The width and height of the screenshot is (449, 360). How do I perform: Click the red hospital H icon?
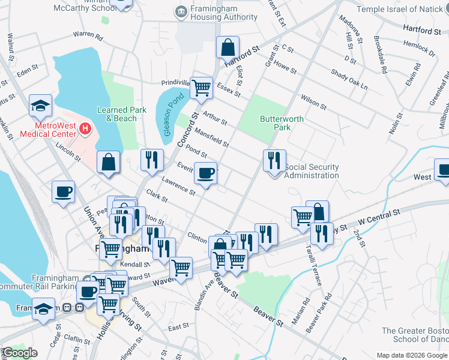[x=85, y=128]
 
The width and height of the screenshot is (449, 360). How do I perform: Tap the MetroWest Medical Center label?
[x=48, y=130]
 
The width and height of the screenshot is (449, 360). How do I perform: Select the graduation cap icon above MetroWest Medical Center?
[x=40, y=106]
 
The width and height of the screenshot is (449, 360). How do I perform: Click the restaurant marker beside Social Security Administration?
[x=274, y=160]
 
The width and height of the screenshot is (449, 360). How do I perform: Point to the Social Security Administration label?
[x=311, y=172]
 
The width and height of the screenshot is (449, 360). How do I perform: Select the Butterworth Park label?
[x=282, y=123]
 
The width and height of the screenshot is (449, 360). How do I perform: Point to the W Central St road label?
[x=379, y=215]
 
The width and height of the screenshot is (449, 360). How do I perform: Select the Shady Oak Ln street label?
[x=349, y=79]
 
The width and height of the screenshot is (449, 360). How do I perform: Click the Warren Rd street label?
[x=88, y=37]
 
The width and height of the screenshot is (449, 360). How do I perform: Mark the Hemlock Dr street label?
[x=420, y=49]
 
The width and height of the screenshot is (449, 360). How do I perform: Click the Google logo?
[x=20, y=353]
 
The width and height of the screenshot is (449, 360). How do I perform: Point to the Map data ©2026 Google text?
[x=411, y=355]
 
